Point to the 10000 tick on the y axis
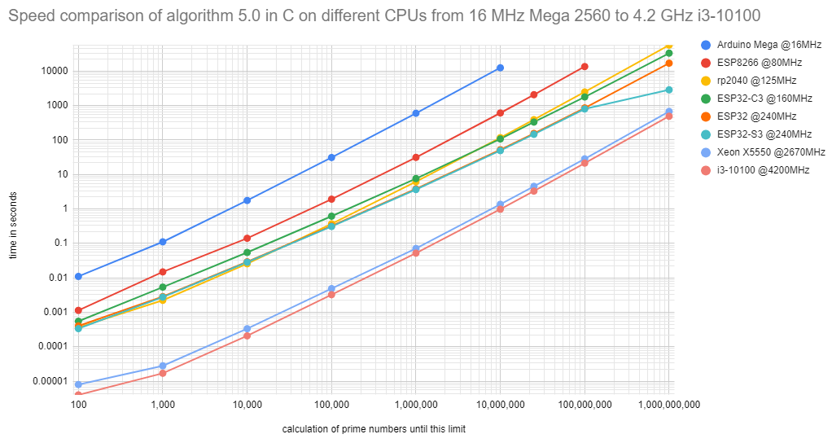(x=55, y=71)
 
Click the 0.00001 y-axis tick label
(x=50, y=380)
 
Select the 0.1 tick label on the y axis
(x=60, y=243)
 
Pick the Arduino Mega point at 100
(x=78, y=277)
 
